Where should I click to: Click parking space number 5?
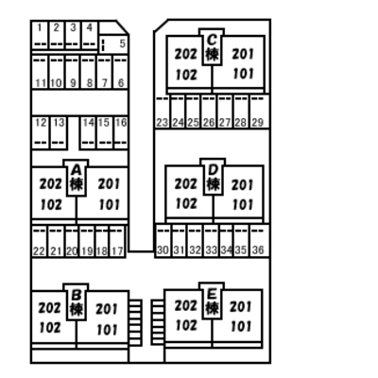click(114, 43)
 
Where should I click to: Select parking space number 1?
click(40, 35)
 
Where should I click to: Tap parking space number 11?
click(40, 72)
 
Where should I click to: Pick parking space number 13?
click(59, 132)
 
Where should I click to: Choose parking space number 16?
click(121, 132)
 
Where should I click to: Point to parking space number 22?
click(39, 242)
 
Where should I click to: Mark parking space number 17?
click(117, 242)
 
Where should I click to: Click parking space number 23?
click(163, 112)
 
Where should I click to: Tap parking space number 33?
click(211, 241)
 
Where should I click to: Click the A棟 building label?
click(76, 178)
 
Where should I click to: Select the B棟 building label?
click(77, 302)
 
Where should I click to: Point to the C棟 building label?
click(212, 47)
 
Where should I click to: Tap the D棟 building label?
click(214, 177)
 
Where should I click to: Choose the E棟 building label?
click(212, 301)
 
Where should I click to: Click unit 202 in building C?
click(186, 54)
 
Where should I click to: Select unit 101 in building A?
click(110, 205)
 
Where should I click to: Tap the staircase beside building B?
click(135, 322)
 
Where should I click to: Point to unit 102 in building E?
click(186, 325)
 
